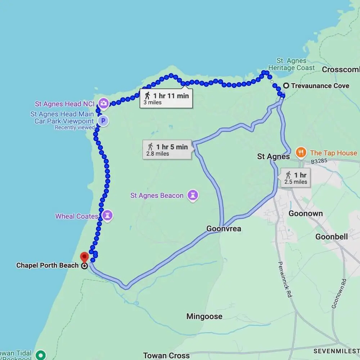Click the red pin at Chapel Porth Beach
84,257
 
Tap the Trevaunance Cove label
320,86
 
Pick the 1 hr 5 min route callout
167,150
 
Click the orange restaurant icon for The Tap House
301,153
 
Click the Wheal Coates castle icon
107,216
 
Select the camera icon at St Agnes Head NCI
104,104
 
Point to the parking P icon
103,121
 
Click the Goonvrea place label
224,229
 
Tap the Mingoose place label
204,316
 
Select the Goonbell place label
332,237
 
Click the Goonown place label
306,213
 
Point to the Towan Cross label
166,356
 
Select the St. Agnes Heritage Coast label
292,64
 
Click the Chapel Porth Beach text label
47,266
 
